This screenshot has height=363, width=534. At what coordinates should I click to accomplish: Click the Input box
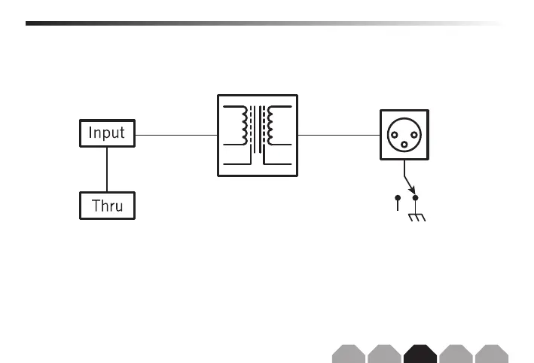pyautogui.click(x=108, y=134)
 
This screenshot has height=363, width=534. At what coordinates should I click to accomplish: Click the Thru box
pyautogui.click(x=108, y=205)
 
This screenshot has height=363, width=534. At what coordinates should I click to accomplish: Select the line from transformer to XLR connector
pyautogui.click(x=338, y=135)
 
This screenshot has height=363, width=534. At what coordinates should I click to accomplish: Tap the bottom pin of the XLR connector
pyautogui.click(x=407, y=144)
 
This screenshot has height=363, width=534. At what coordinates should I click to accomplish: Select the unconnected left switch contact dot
pyautogui.click(x=398, y=197)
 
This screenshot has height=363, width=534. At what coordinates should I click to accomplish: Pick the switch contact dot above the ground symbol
pyautogui.click(x=415, y=197)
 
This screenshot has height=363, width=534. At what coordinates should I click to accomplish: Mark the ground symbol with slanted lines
pyautogui.click(x=417, y=218)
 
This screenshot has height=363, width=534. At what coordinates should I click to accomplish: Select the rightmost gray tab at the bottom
pyautogui.click(x=492, y=352)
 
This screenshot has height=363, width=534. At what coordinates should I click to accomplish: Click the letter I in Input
pyautogui.click(x=91, y=134)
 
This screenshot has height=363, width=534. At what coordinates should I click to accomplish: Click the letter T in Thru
pyautogui.click(x=95, y=205)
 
